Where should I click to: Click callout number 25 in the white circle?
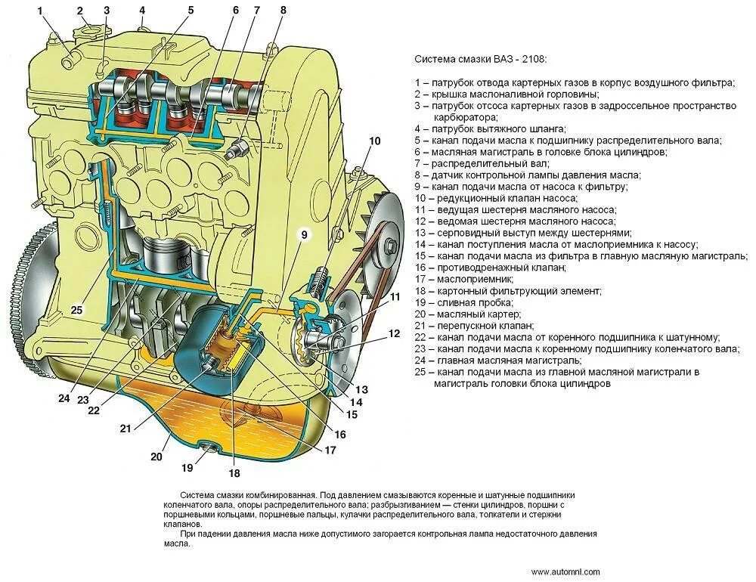(x=76, y=308)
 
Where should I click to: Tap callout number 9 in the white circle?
(x=304, y=235)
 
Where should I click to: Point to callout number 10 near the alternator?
(x=375, y=142)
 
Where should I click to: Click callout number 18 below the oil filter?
(x=234, y=473)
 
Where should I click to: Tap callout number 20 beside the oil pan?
(x=156, y=457)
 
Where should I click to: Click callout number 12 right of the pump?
(x=394, y=333)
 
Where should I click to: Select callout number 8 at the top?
(x=283, y=11)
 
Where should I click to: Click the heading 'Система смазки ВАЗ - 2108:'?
(x=481, y=59)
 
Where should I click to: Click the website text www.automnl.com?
(x=565, y=571)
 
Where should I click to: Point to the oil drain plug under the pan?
(x=209, y=452)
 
